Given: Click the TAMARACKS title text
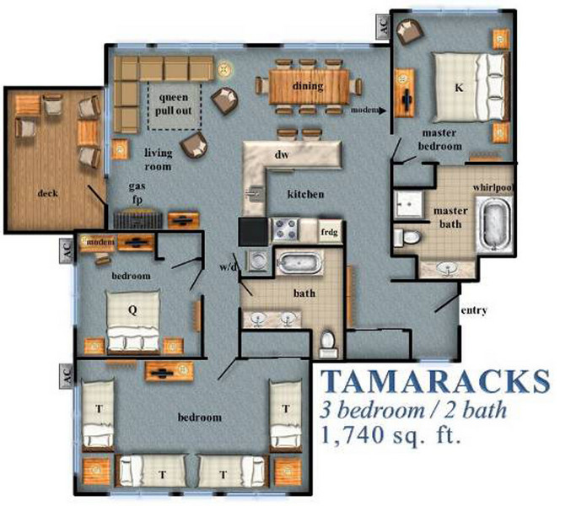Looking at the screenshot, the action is point(435,381).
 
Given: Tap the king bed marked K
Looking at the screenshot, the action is point(471,88).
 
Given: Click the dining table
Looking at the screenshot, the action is point(308,87).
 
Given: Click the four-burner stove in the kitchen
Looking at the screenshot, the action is point(285,229).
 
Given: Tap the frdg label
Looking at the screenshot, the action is point(329,232).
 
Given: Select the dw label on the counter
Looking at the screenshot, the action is point(282,154).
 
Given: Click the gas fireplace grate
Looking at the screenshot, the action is point(138,219).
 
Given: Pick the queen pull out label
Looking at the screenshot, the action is point(174,104).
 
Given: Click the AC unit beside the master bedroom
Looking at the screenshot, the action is point(382,26).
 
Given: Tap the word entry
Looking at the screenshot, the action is point(474,310).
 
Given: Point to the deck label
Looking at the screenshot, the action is point(48,193).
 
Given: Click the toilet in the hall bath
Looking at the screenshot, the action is point(326,344).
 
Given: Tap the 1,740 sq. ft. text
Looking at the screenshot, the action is point(390,435).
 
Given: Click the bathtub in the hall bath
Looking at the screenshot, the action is point(299,263).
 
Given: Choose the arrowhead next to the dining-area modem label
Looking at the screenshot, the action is point(382,110).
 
